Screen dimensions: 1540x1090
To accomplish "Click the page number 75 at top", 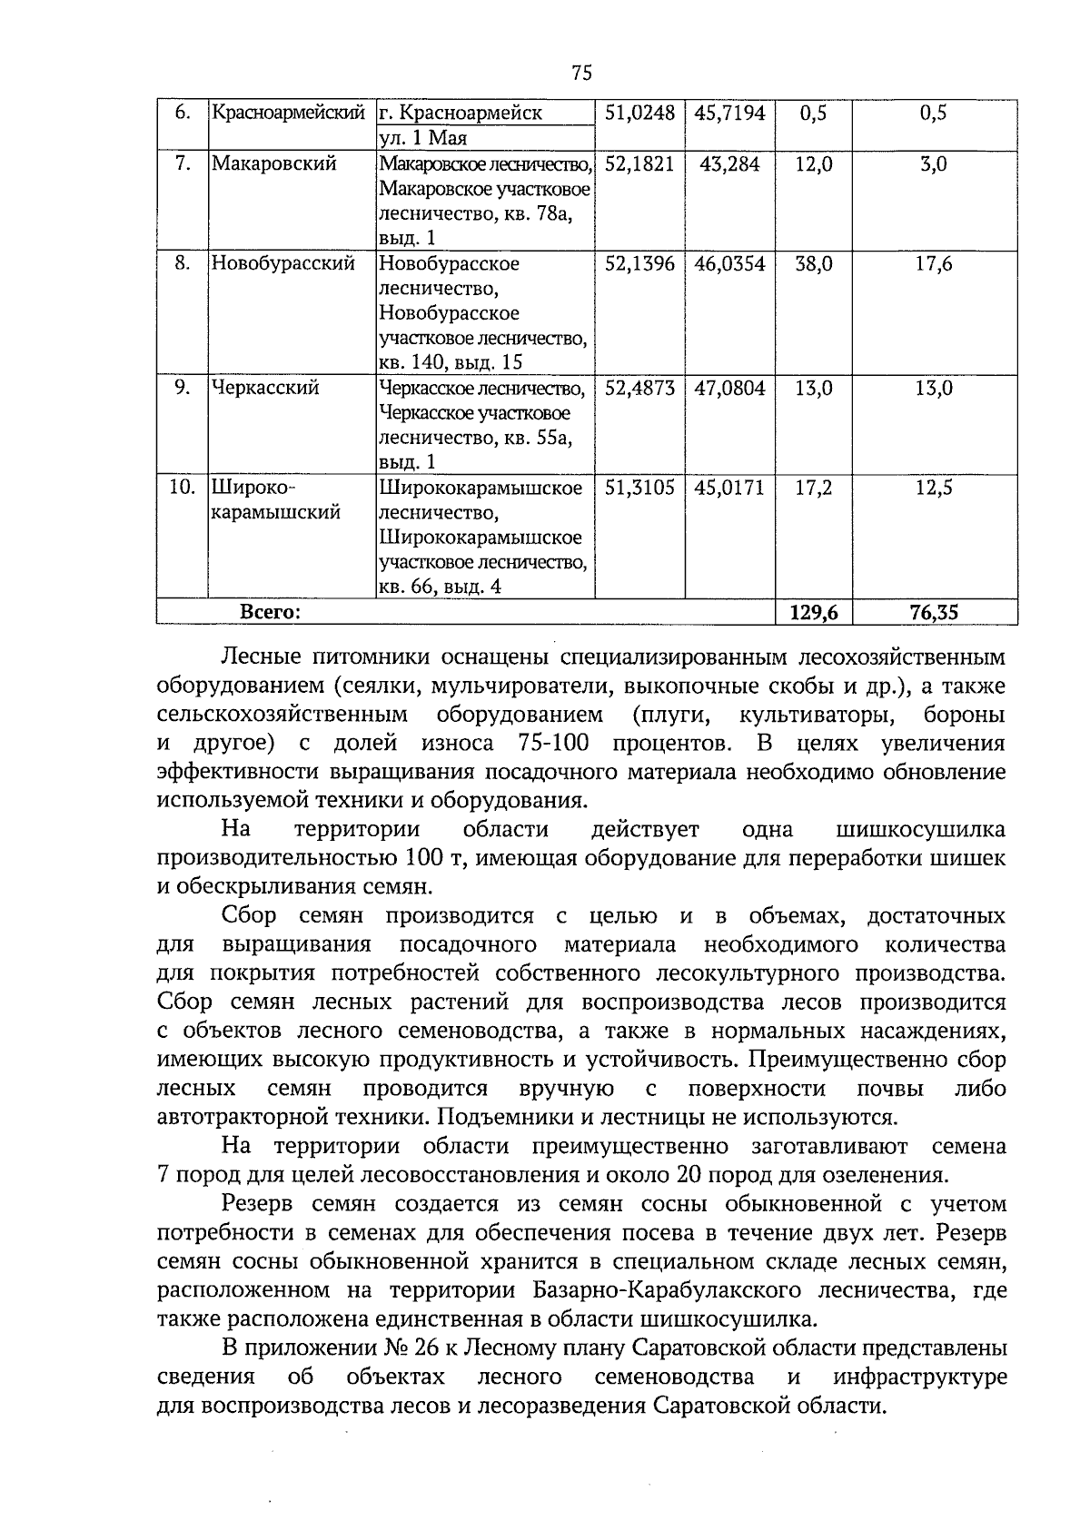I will point(582,74).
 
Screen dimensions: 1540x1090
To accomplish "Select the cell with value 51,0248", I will point(639,114).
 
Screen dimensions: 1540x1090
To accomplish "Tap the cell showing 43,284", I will point(729,164).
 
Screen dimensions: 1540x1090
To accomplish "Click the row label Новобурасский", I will point(282,264).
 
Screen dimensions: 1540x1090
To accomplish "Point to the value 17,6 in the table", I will point(933,264).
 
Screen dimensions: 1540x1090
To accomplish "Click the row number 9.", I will point(183,388).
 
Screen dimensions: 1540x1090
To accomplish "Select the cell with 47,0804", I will point(729,388).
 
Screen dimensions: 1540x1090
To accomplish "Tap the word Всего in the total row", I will point(270,613).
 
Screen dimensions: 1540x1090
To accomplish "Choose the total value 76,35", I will point(933,613).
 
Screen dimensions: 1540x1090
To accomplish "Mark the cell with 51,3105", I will point(639,488).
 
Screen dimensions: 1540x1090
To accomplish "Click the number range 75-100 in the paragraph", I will point(553,744).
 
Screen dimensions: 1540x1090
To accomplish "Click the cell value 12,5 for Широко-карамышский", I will point(933,488).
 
